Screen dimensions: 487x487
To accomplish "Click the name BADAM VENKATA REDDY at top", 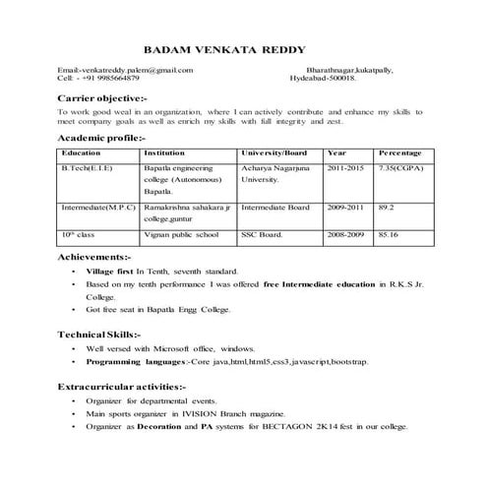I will tap(224, 48).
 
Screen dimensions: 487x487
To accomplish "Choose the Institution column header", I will tap(163, 154).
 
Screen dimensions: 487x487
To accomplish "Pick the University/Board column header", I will tap(274, 154).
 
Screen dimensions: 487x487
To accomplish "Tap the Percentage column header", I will tap(399, 154).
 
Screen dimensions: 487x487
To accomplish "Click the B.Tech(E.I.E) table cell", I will tap(87, 170).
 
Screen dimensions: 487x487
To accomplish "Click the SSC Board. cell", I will tap(263, 236).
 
